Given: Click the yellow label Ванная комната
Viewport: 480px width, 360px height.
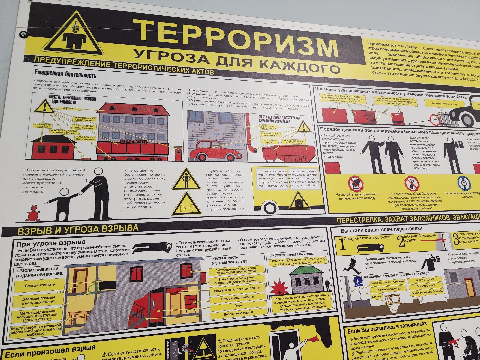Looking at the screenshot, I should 40,286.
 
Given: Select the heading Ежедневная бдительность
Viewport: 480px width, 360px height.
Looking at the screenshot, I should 65,75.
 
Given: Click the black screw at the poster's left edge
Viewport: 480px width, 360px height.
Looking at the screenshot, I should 23,33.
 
